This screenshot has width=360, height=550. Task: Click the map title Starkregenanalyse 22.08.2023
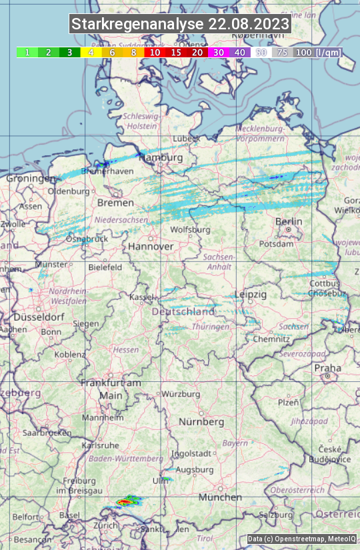click(x=180, y=25)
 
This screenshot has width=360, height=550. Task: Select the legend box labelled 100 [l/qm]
click(x=317, y=52)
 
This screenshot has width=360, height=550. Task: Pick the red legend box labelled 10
click(x=155, y=52)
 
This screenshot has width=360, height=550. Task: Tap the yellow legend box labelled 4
click(x=91, y=52)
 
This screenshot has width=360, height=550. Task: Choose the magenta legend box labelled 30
click(x=219, y=52)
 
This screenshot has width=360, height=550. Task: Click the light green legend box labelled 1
click(x=27, y=52)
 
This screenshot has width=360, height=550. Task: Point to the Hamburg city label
click(x=163, y=157)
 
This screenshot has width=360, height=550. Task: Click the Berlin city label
click(x=289, y=222)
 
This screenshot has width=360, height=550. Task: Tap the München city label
click(x=219, y=497)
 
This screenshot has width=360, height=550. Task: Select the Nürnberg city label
click(x=201, y=422)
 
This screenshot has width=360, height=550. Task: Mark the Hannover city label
click(x=151, y=246)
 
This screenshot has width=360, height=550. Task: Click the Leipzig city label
click(x=251, y=294)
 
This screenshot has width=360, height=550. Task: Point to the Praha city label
click(x=327, y=368)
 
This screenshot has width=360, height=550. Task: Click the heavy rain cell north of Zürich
click(x=125, y=500)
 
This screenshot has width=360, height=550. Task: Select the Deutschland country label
click(x=183, y=311)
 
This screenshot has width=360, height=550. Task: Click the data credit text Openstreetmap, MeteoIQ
click(x=301, y=539)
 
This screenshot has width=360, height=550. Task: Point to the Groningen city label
click(x=31, y=179)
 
